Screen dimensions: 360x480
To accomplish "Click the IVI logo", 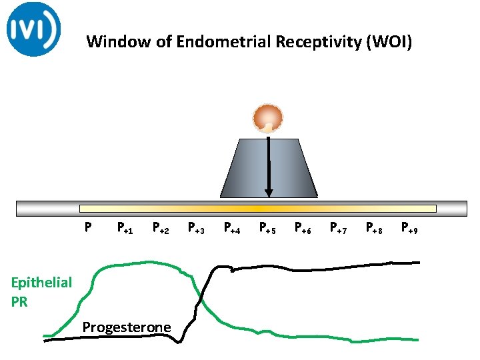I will [33, 29].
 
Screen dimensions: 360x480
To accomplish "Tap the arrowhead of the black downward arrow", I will [269, 193].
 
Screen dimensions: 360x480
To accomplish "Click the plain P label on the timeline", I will [87, 227].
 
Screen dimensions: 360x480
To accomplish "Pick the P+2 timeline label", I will [161, 229].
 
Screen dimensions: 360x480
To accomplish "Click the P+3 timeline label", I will [196, 229].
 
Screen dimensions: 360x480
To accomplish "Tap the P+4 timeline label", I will [232, 229].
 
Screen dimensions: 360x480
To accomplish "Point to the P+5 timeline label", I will [267, 229].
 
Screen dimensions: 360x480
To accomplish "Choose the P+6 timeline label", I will [303, 229].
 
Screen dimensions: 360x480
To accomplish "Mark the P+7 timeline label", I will [339, 229].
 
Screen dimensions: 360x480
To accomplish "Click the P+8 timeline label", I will [374, 229].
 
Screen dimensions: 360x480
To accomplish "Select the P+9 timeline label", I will [409, 229].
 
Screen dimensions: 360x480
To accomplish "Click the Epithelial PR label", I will [41, 291].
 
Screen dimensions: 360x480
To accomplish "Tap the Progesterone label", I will [126, 327].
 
